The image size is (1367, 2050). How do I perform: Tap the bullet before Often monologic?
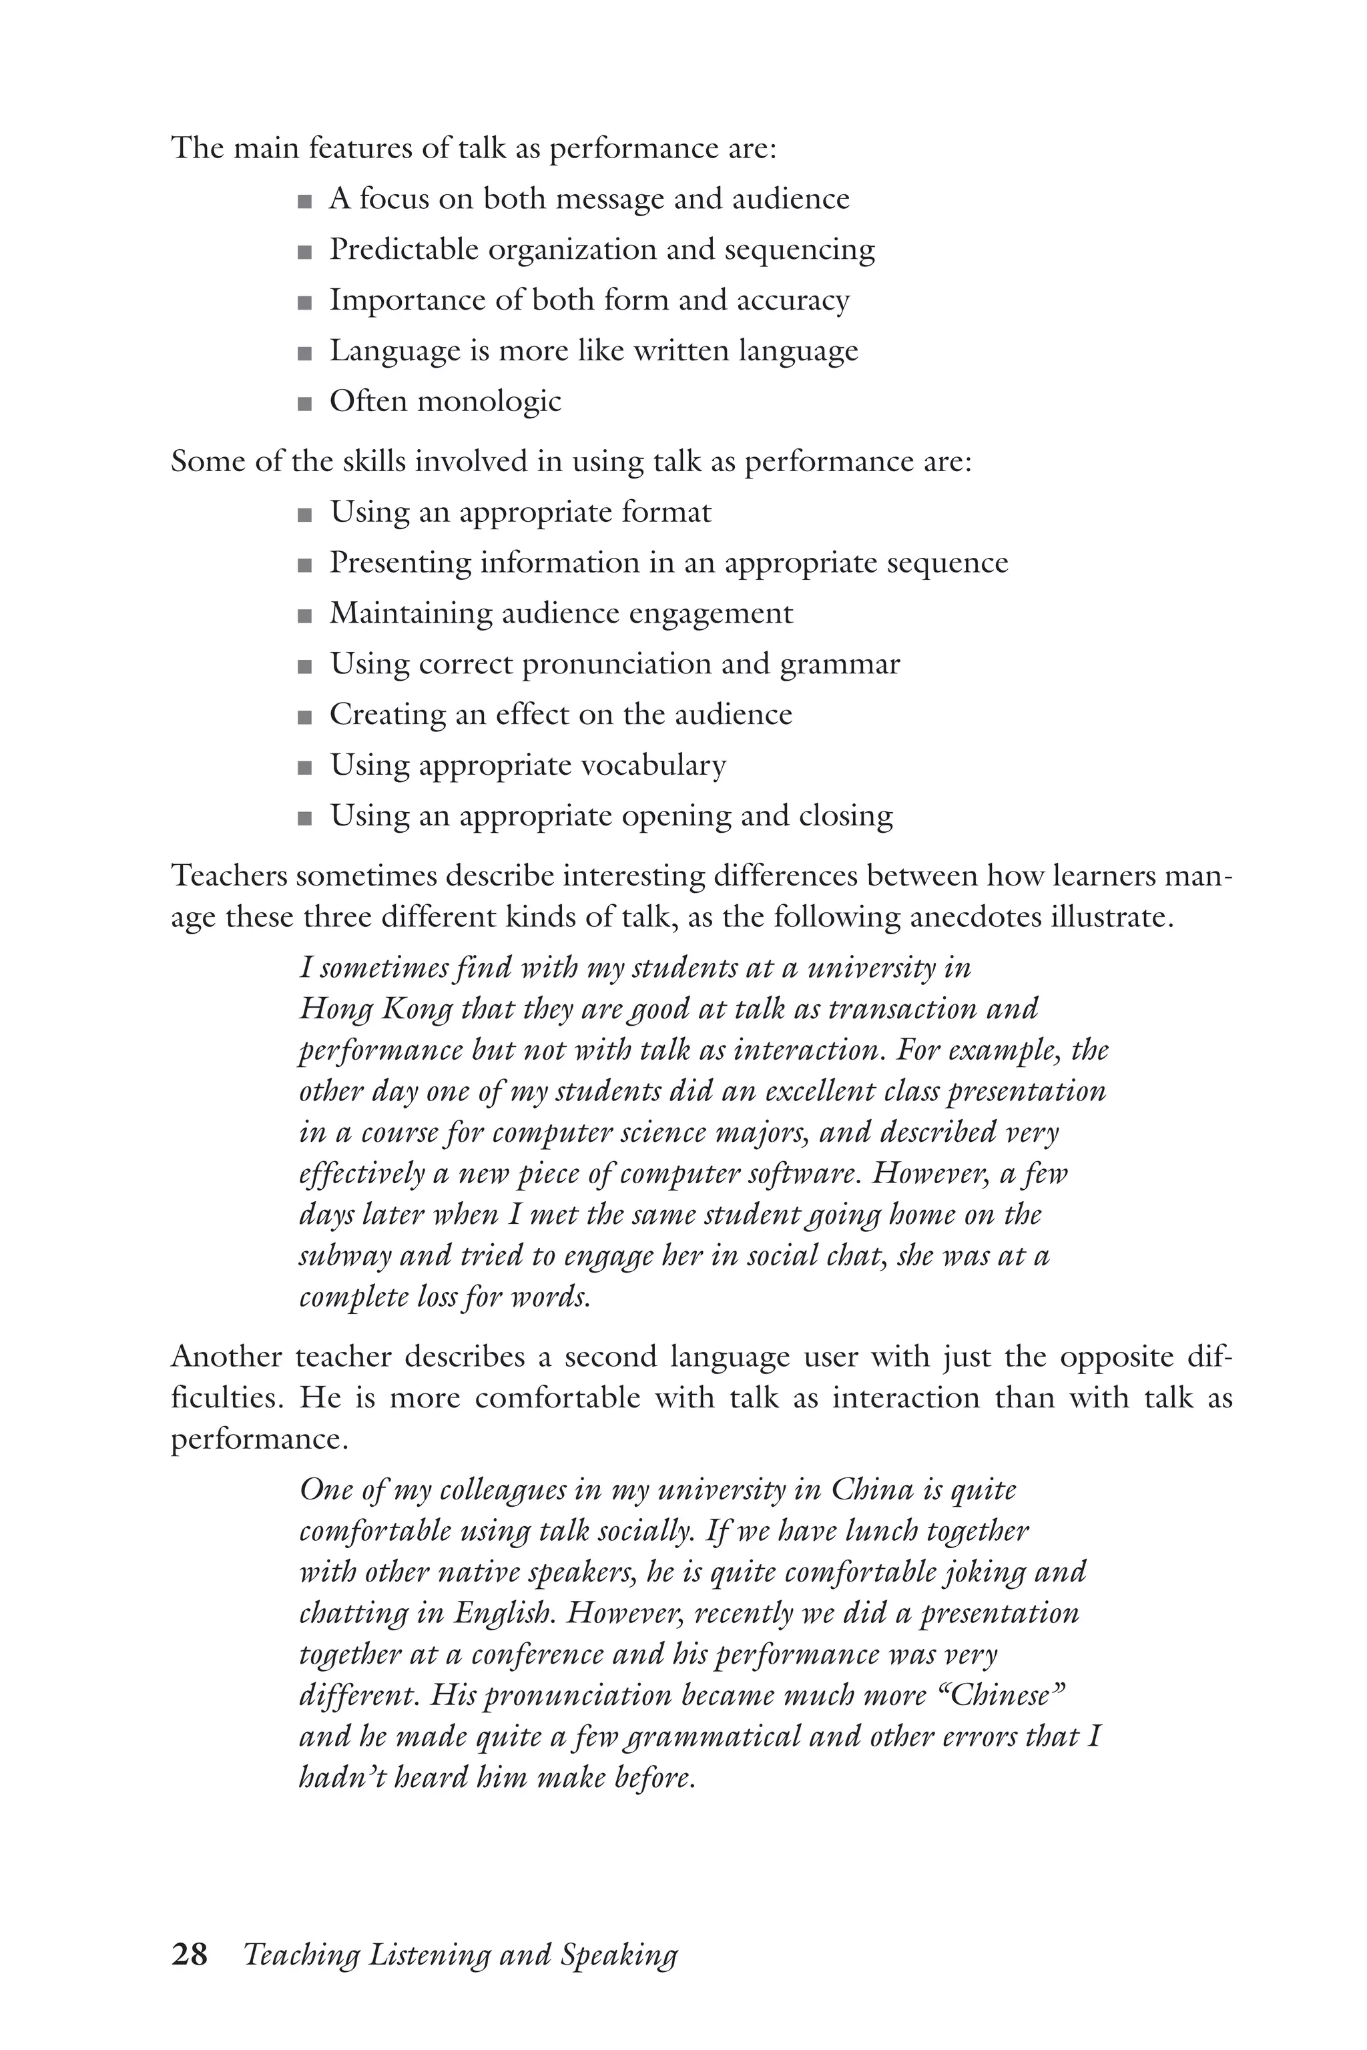pos(304,404)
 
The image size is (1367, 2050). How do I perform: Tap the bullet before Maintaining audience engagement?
pos(304,616)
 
